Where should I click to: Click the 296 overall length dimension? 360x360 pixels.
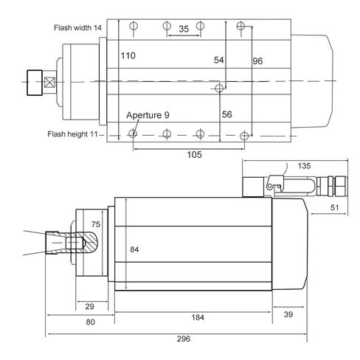pos(184,339)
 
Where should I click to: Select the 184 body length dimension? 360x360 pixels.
pos(198,317)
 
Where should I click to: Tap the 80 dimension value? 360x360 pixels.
pos(90,322)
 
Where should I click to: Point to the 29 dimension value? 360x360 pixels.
pos(89,306)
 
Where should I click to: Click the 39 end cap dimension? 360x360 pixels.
pos(288,314)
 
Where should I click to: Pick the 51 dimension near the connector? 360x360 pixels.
pos(334,207)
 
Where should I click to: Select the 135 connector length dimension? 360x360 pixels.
pos(305,166)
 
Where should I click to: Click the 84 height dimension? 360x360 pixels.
pos(134,249)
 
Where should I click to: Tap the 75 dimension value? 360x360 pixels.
pos(96,224)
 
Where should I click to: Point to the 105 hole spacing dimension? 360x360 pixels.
pos(194,155)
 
